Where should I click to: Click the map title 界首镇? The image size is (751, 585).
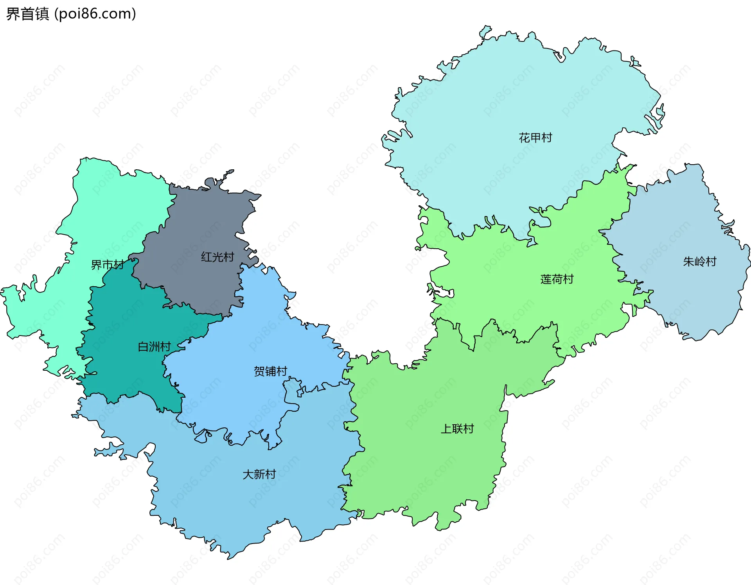(x=27, y=14)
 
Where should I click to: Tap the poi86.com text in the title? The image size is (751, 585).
(x=95, y=14)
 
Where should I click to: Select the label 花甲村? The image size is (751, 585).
(x=535, y=138)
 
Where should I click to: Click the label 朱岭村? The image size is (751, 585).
(x=699, y=262)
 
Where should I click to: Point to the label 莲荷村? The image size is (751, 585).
(x=557, y=279)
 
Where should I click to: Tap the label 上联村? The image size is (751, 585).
(x=457, y=429)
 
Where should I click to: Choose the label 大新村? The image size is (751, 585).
(x=259, y=474)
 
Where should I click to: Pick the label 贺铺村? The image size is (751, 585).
(x=270, y=371)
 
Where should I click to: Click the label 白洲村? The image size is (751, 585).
(x=154, y=346)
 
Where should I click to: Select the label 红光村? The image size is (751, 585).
(x=217, y=257)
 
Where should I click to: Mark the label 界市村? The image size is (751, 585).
(x=107, y=265)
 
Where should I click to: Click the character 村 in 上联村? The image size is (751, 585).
(x=468, y=429)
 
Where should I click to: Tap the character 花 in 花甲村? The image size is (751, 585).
(x=524, y=138)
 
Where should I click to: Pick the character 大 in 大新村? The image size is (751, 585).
(x=248, y=474)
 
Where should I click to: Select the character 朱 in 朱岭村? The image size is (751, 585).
(x=688, y=262)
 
